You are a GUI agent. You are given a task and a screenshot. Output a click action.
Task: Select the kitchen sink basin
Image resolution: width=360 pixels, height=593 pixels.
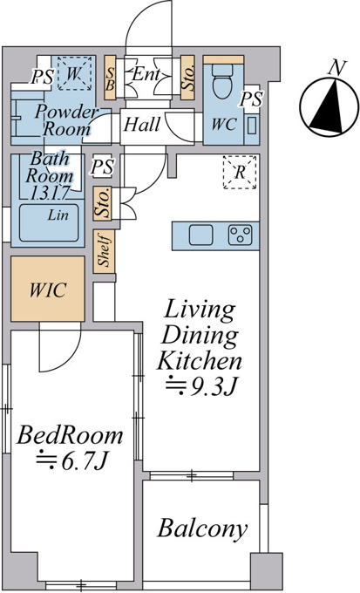pyautogui.click(x=200, y=235)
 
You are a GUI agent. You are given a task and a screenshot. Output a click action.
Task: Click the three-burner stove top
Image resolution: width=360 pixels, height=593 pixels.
pyautogui.click(x=240, y=235)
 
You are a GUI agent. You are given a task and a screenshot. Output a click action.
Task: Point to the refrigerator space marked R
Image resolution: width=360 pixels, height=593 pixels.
pyautogui.click(x=240, y=173)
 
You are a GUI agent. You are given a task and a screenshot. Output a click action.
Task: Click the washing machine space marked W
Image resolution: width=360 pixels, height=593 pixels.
pyautogui.click(x=74, y=73)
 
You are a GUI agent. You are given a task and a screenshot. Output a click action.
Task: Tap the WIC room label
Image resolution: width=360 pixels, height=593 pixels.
pyautogui.click(x=48, y=290)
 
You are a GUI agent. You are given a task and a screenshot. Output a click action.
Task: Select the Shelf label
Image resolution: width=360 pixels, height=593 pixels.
pyautogui.click(x=104, y=251)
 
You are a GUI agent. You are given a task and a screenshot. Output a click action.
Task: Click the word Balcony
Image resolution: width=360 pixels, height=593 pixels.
pyautogui.click(x=203, y=528)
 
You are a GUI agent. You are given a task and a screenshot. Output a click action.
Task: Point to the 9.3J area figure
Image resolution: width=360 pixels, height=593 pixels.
pyautogui.click(x=202, y=386)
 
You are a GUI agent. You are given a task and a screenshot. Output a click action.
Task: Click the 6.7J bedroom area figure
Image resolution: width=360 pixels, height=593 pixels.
pyautogui.click(x=72, y=461)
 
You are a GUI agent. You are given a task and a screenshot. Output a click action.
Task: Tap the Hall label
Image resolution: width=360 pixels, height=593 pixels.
pyautogui.click(x=142, y=124)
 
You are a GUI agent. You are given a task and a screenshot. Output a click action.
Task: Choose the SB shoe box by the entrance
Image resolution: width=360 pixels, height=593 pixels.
pyautogui.click(x=110, y=78)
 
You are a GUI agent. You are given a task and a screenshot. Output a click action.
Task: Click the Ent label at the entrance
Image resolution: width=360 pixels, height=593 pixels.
pyautogui.click(x=146, y=74)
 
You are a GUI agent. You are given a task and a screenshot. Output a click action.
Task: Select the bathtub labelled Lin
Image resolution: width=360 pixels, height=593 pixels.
pyautogui.click(x=49, y=222)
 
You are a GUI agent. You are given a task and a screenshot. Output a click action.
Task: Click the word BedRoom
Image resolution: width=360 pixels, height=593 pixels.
pyautogui.click(x=70, y=435)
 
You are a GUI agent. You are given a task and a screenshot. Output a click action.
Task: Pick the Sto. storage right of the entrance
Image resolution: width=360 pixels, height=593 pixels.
pyautogui.click(x=188, y=78)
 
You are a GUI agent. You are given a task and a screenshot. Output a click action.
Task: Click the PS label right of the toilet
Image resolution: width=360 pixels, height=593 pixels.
pyautogui.click(x=251, y=99)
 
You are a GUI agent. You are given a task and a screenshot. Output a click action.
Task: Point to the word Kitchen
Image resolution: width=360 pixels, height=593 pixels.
pyautogui.click(x=200, y=361)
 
